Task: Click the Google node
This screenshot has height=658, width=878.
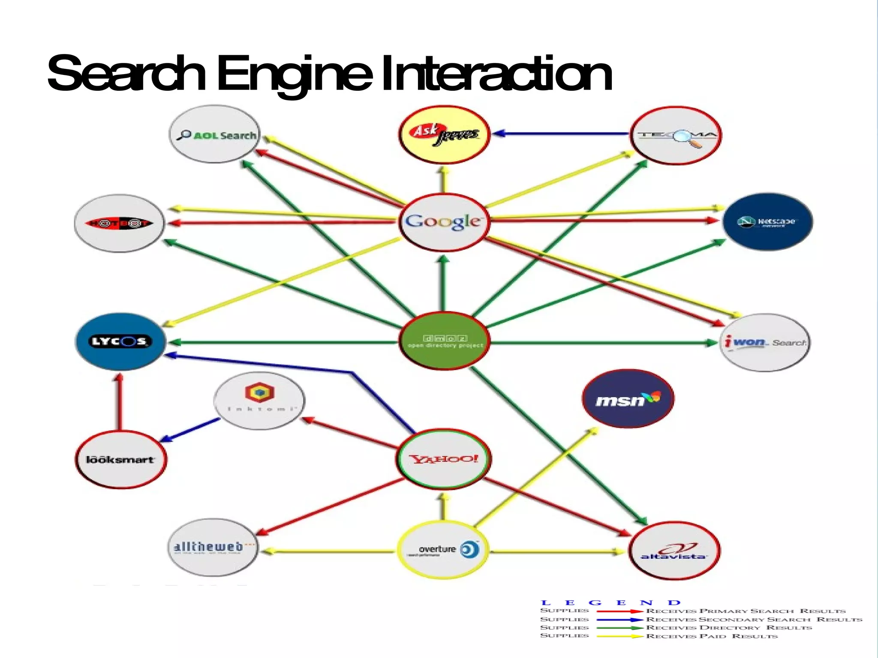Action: [x=444, y=222]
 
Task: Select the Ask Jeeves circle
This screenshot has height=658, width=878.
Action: [x=444, y=135]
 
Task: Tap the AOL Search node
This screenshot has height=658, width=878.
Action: [x=214, y=135]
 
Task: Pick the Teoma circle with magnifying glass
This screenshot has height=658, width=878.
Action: [x=676, y=135]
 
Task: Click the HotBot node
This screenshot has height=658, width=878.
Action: [x=119, y=223]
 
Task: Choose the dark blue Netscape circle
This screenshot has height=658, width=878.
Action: [x=767, y=221]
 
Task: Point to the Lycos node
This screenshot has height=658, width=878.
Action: [x=120, y=341]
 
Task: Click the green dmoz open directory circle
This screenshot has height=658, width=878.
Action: [x=445, y=341]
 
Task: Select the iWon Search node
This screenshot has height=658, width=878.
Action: [x=765, y=342]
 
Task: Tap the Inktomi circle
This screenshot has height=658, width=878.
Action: [x=259, y=401]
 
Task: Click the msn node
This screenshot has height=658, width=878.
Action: [x=628, y=399]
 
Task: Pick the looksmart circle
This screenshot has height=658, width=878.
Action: [x=120, y=459]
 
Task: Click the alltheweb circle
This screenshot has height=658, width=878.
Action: [x=213, y=547]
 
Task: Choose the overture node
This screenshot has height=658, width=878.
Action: [x=443, y=550]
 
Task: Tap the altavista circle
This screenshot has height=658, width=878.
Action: [x=674, y=551]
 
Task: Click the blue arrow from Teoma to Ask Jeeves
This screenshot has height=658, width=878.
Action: [x=562, y=134]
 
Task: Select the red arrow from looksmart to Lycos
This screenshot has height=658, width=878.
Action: [x=120, y=403]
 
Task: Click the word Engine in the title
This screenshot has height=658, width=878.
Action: [x=295, y=74]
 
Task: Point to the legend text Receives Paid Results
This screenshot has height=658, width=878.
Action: [x=712, y=636]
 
